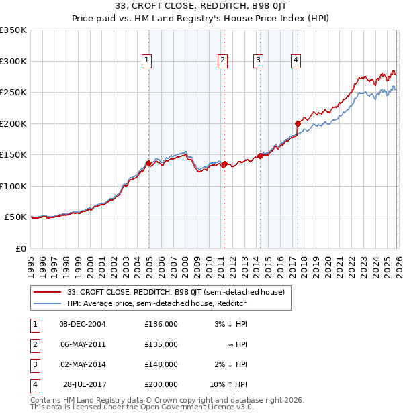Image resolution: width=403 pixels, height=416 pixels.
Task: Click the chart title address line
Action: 201,7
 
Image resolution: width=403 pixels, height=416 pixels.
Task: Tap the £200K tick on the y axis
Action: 13,123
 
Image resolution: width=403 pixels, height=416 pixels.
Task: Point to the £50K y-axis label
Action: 15,217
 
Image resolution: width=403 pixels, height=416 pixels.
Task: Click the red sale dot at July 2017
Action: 297,123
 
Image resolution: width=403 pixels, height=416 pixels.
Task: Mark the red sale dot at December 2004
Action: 148,163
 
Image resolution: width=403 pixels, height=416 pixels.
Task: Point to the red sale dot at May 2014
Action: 259,156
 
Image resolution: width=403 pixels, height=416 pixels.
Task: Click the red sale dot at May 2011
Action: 224,164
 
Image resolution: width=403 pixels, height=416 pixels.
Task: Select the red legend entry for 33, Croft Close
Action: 176,292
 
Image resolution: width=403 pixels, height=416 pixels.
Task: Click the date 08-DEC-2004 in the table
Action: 83,324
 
